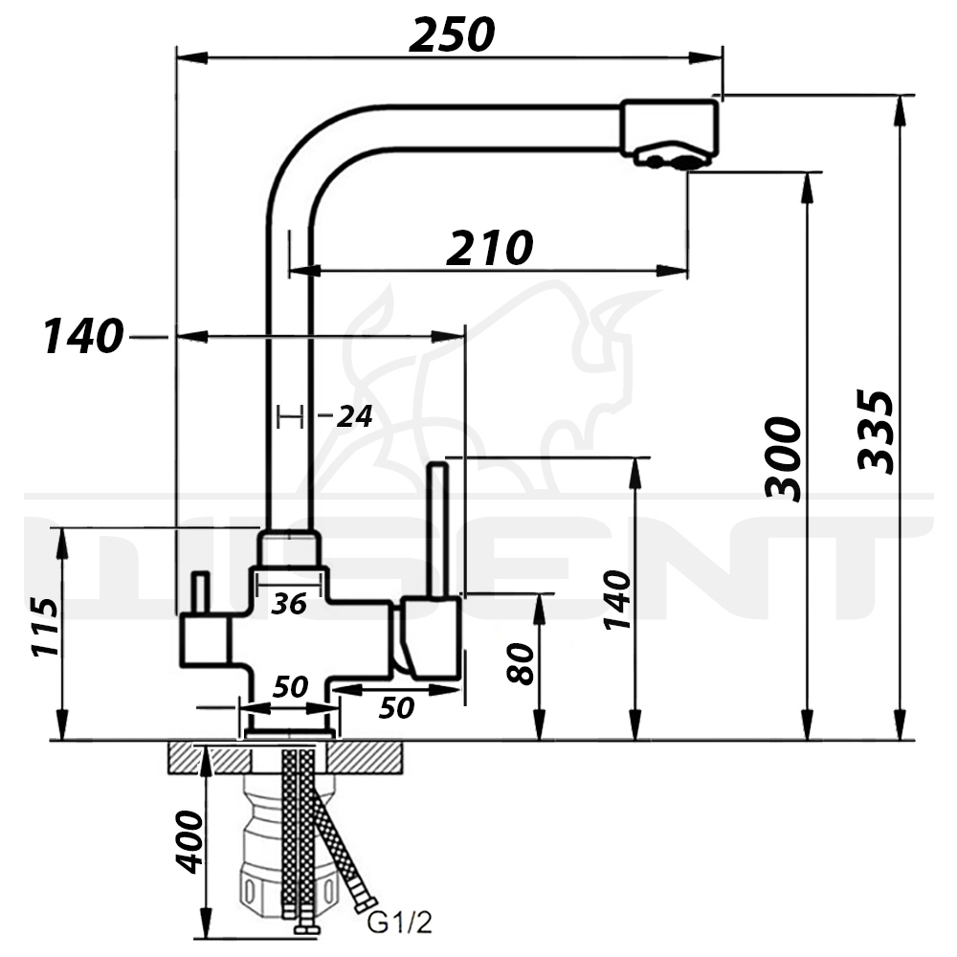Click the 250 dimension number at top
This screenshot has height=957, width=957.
pos(452,34)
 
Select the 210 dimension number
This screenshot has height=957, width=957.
pos(490,248)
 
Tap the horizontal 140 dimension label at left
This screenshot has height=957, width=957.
pos(83,336)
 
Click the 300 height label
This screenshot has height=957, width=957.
pos(783,459)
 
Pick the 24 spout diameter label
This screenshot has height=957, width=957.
pos(355,417)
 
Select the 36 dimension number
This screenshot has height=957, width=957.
pos(289,604)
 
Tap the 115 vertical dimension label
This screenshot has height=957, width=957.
pos(46,628)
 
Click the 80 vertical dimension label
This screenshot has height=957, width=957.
pos(521,663)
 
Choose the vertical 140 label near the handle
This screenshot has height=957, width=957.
pos(616,599)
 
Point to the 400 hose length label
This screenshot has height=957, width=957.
pos(189,842)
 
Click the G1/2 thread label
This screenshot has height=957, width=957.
pos(400,923)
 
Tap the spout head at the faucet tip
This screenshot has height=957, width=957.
pos(670,133)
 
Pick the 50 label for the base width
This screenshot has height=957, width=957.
pos(291,687)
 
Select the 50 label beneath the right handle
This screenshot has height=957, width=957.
pos(397,708)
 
